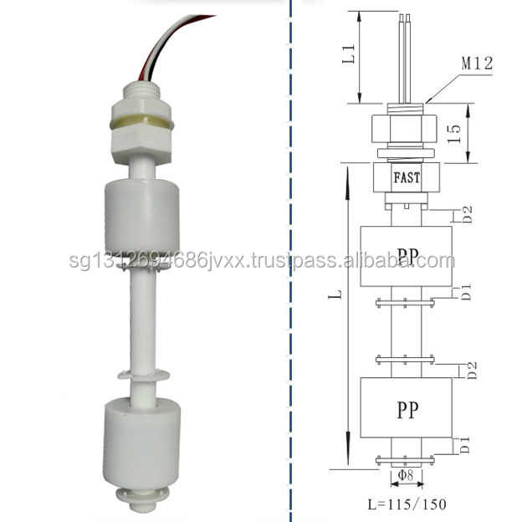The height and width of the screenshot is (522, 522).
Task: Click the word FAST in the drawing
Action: tap(406, 177)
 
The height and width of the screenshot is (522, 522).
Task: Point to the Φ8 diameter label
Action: tap(406, 475)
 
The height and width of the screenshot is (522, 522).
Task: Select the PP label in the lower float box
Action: tap(406, 411)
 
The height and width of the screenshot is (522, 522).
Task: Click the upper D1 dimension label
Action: tap(468, 291)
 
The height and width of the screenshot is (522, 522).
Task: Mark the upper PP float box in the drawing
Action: tap(405, 256)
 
